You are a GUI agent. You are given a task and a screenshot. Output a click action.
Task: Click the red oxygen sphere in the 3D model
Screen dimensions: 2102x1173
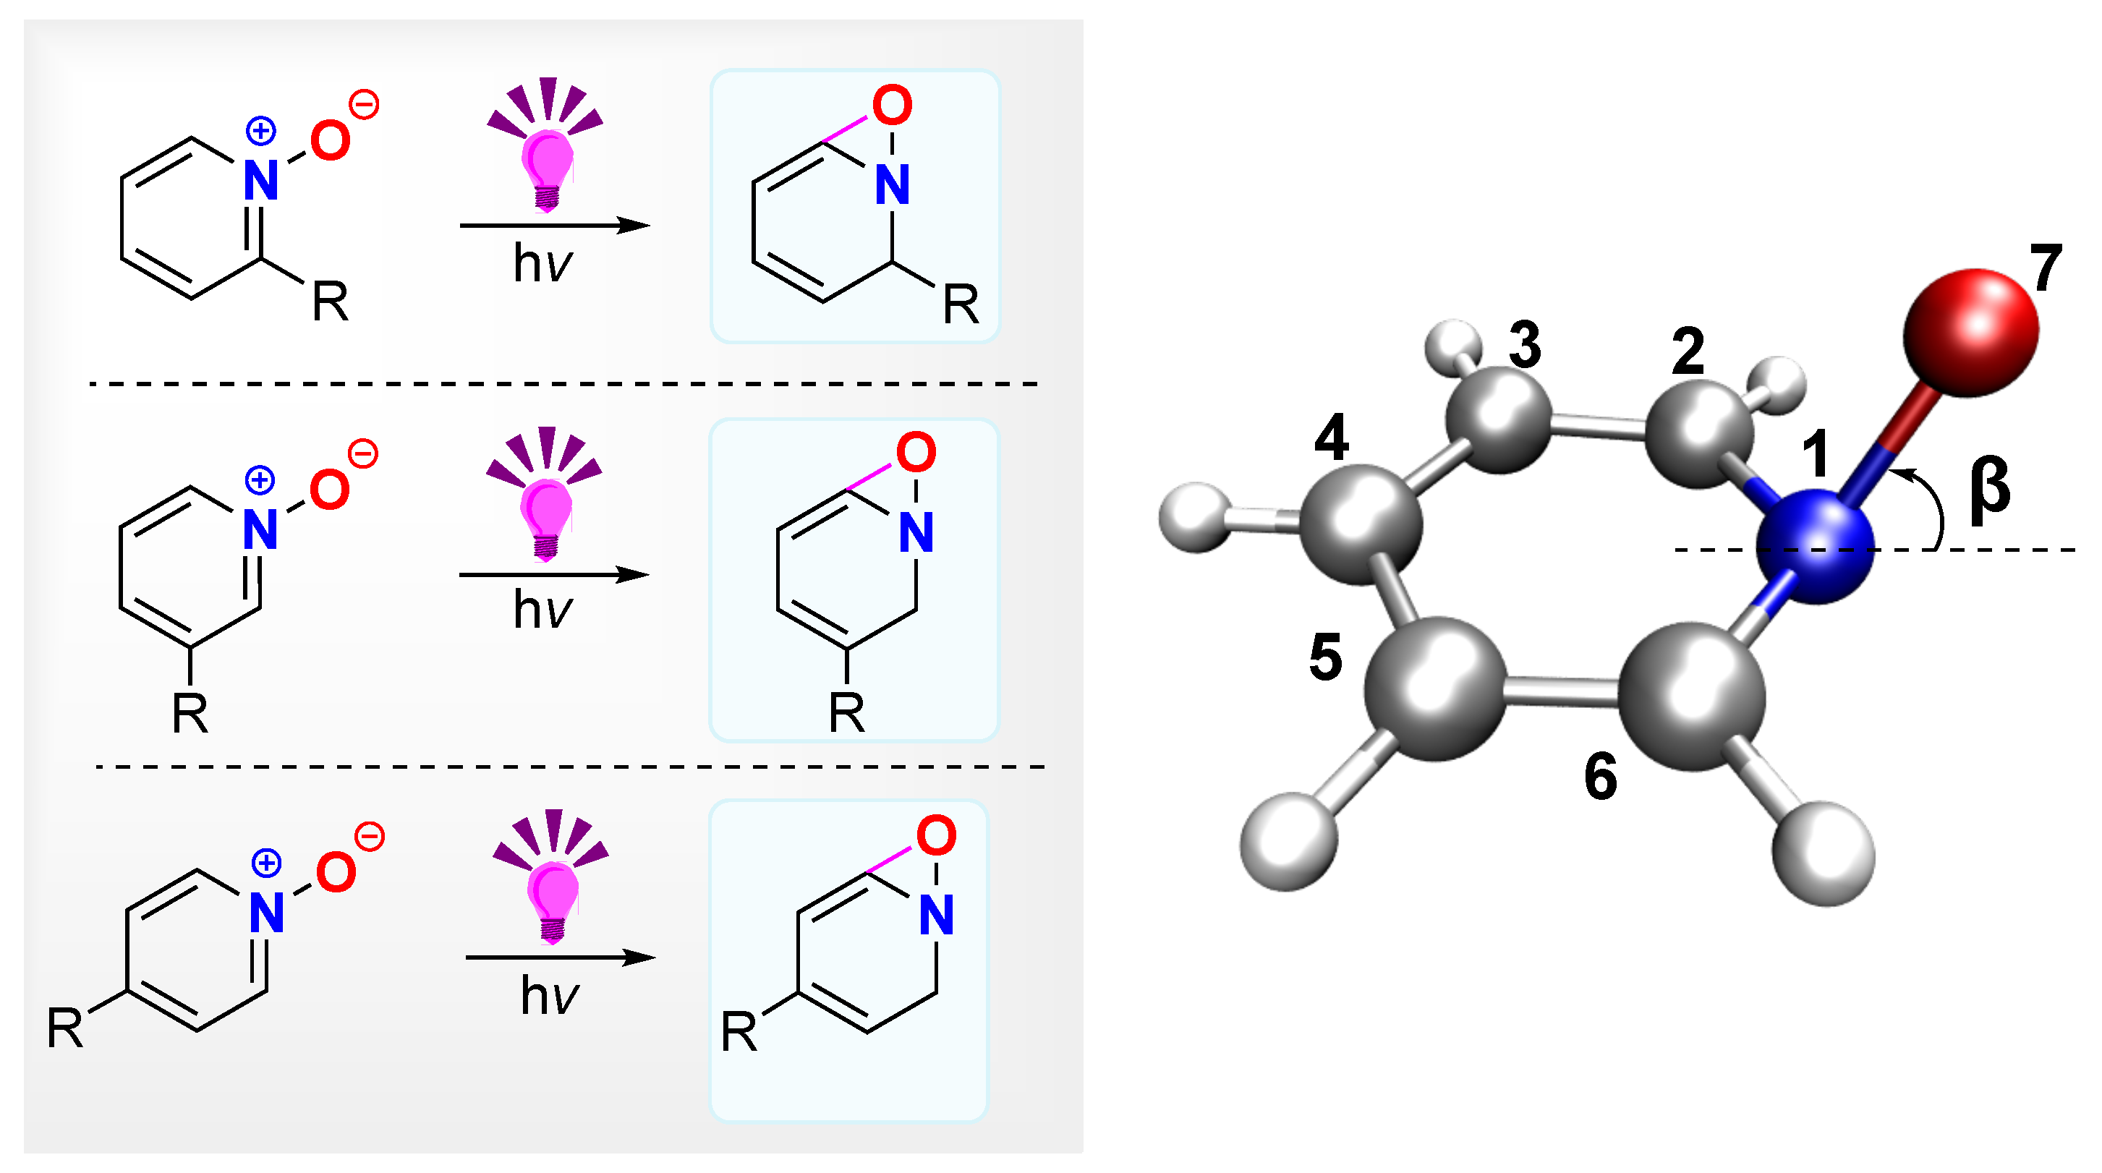[1970, 332]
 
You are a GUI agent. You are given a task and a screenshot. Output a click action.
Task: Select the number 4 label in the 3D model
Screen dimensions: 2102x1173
[1331, 438]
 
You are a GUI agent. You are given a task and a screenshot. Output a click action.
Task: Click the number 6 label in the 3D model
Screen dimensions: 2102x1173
[1600, 776]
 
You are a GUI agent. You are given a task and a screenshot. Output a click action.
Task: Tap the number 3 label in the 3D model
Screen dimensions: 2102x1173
[1524, 344]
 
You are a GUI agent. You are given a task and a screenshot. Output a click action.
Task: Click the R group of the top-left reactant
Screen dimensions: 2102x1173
[331, 302]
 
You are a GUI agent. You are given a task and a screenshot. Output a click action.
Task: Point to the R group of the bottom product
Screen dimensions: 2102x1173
[739, 1032]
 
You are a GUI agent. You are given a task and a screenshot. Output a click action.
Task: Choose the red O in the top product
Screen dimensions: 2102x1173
[891, 106]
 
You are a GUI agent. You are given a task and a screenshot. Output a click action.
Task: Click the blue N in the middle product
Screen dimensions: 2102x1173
[916, 533]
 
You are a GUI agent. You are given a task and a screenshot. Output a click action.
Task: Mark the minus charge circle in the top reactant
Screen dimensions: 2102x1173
[364, 106]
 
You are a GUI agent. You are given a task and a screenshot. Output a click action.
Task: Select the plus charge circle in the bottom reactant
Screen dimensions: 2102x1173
[266, 863]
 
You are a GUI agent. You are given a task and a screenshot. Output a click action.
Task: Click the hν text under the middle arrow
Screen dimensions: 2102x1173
[542, 610]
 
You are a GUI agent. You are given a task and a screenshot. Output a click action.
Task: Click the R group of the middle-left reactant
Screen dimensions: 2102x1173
[190, 714]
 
